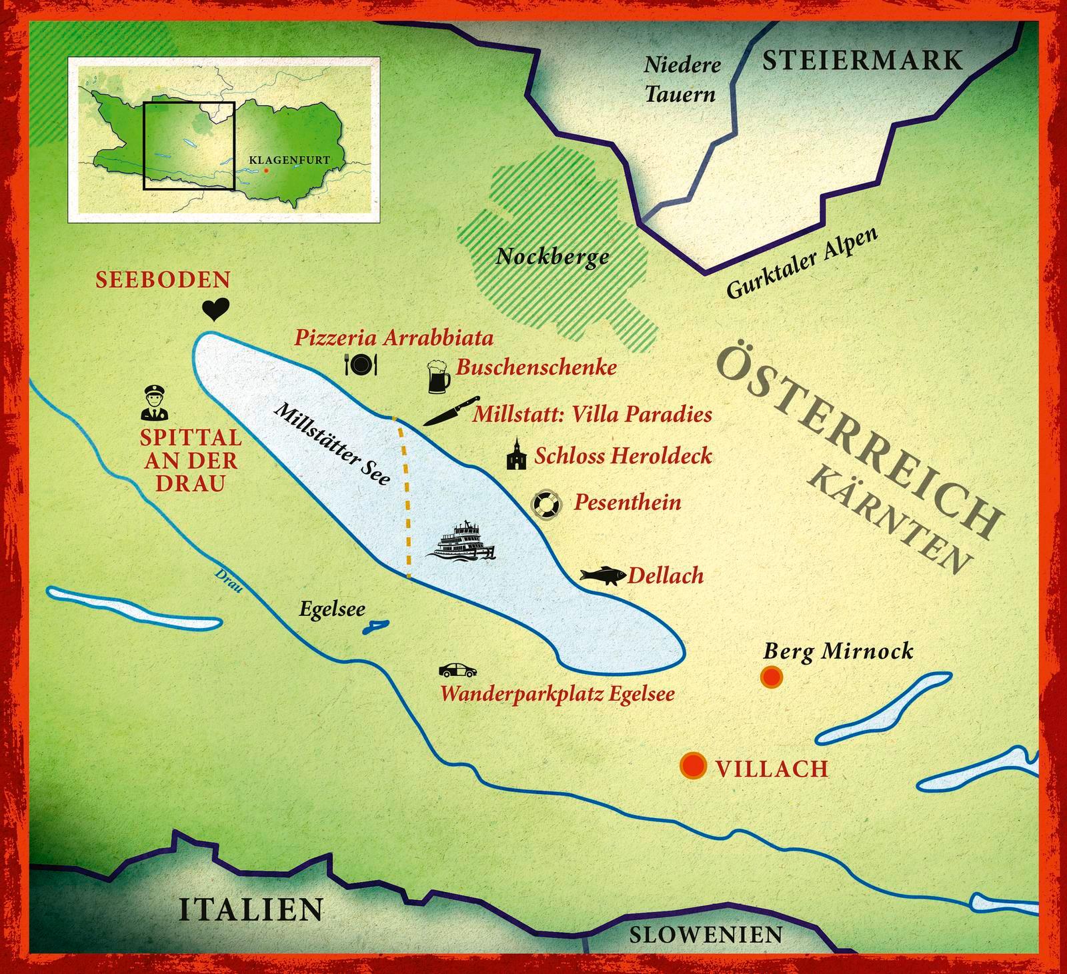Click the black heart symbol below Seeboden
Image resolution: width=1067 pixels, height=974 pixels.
215,309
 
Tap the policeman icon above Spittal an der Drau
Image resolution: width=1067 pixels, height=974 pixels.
154,403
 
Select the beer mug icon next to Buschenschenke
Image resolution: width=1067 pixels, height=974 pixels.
437,377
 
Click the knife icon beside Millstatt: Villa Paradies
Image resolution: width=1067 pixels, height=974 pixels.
451,411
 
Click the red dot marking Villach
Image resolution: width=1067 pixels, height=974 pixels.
693,766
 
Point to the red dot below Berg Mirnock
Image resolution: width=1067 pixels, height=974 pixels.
772,678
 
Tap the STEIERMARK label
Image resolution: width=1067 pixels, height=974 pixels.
862,61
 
